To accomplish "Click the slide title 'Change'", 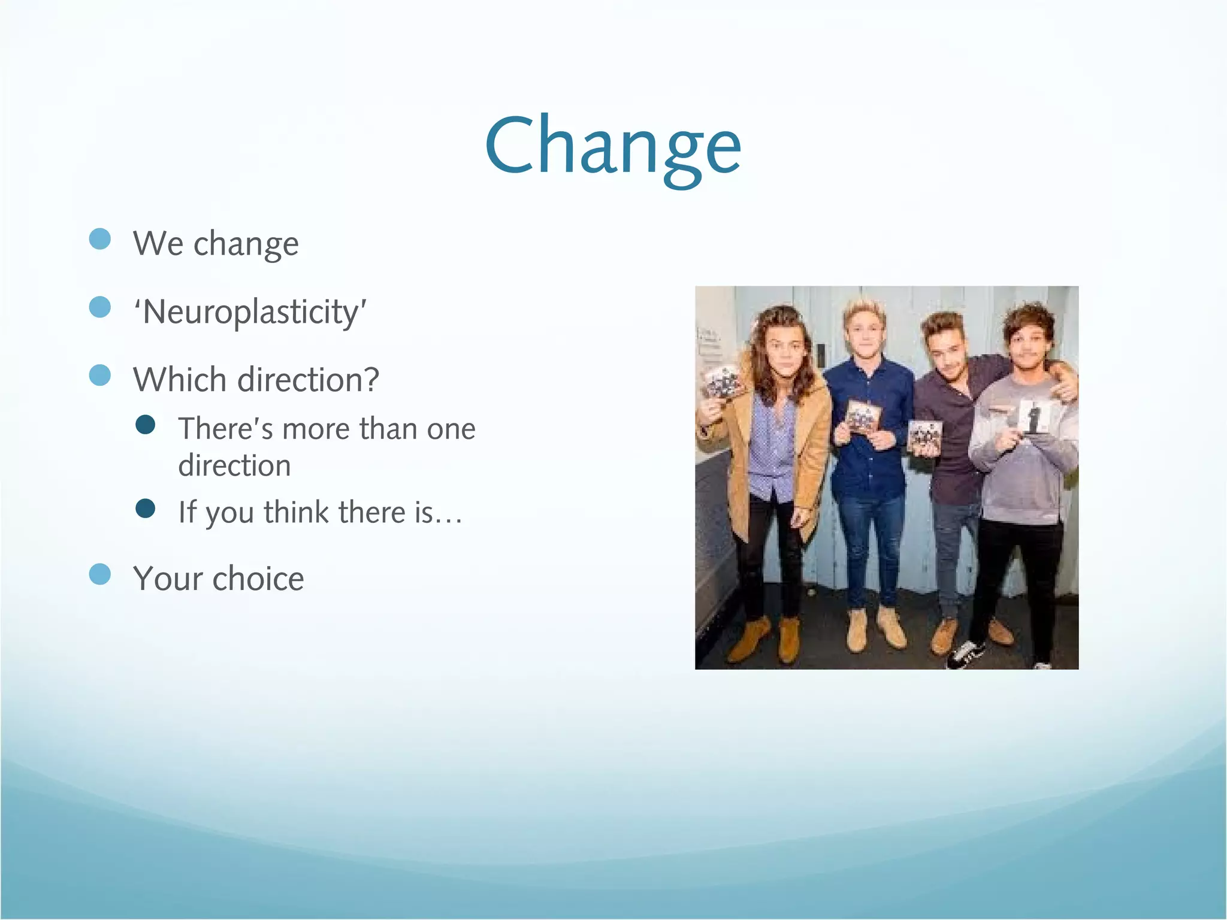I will [x=612, y=146].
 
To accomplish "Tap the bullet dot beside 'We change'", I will [x=100, y=239].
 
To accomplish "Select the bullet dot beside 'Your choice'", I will [x=100, y=574].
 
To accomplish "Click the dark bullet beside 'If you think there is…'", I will [x=146, y=509].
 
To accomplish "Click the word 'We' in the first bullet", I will [x=158, y=244].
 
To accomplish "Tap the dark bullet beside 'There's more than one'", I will [x=146, y=425].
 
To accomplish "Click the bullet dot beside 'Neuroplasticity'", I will [x=100, y=307].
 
